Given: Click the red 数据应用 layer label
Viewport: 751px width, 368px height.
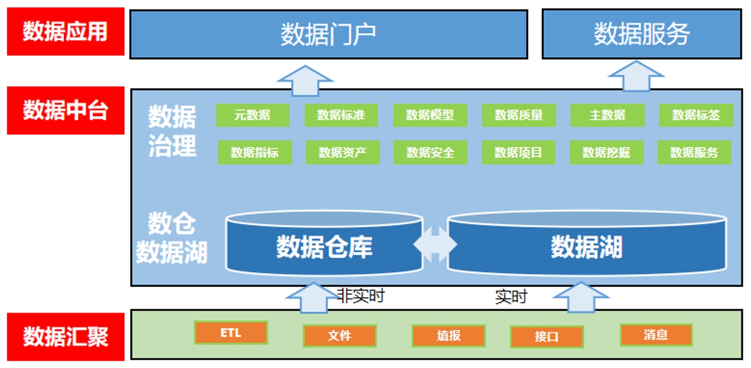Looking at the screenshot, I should coord(65,32).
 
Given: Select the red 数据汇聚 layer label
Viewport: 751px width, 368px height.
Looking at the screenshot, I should coord(65,337).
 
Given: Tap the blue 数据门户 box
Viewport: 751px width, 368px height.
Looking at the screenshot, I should coord(328,34).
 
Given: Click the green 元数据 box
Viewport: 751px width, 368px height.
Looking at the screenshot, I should coord(252,115).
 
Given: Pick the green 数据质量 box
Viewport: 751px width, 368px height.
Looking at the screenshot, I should coord(518,115).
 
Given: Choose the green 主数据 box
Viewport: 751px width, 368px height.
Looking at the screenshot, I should coord(607,115).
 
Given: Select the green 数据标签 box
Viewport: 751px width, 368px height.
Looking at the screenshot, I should coord(696,115).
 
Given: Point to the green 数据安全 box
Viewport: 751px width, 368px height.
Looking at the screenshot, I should coord(430,153).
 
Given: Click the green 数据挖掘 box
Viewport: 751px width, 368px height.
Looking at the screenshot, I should coord(607,153).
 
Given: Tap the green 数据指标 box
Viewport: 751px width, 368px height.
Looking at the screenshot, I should coord(255,153).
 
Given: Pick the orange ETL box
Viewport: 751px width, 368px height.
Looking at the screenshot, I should coord(231,333).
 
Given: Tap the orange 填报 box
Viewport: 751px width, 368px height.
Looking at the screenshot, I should coord(448,336).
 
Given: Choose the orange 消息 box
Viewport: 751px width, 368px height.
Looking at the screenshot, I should coord(656,335).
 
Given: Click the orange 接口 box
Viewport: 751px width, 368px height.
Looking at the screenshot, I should coord(547,337).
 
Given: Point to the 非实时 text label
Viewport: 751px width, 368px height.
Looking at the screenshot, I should coord(361,296).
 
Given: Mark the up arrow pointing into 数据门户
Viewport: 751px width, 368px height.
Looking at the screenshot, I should coord(305,80).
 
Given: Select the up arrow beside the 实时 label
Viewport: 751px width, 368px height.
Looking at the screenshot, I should coord(581,297).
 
